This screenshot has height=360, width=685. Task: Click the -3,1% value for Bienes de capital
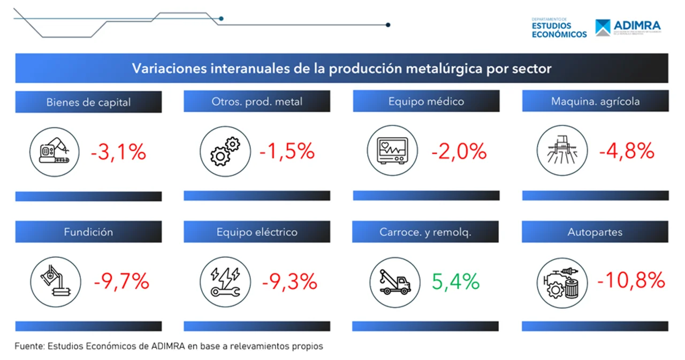pos(118,152)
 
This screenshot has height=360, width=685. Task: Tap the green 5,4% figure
pos(455,281)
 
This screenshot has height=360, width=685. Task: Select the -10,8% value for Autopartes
pos(631,280)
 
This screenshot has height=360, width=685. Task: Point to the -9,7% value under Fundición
pos(121,281)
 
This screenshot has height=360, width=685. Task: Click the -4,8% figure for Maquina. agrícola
pos(627,151)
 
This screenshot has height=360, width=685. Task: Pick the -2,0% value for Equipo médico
pos(459,151)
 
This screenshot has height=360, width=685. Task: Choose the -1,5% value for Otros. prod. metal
pos(287,151)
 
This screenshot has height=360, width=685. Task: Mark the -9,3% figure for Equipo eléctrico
pos(290,281)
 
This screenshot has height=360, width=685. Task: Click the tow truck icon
pos(394,281)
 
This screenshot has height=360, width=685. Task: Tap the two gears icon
pos(225,151)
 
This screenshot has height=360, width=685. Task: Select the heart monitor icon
pos(393,150)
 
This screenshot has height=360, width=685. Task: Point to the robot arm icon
pos(54,151)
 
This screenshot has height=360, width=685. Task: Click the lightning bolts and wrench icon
pos(225,281)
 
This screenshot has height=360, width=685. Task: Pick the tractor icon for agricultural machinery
pos(562,150)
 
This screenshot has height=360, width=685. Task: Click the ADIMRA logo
pos(628,27)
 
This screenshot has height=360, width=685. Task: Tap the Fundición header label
pos(88,232)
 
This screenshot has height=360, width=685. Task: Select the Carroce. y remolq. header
pos(425,232)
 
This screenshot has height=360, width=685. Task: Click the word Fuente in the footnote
pos(28,346)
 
